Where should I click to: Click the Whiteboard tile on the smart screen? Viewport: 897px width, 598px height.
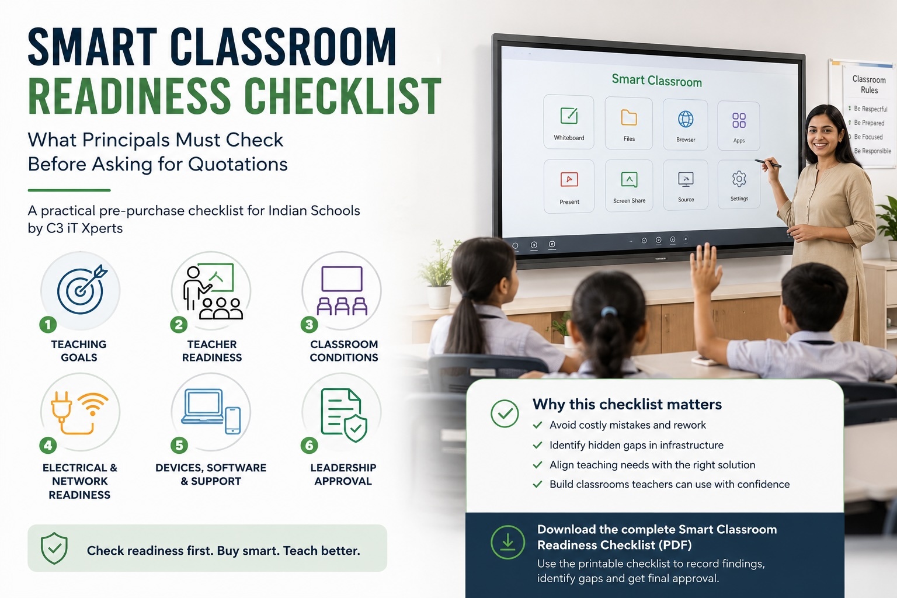[569, 122]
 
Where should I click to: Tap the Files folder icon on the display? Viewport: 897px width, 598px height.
[629, 118]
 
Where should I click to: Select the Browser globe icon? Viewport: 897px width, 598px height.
[686, 119]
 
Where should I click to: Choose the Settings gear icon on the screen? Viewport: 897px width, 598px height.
[739, 179]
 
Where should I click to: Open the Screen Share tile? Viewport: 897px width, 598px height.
[629, 185]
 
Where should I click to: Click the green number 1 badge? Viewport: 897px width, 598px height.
[48, 325]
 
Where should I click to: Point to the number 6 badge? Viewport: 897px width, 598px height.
[309, 446]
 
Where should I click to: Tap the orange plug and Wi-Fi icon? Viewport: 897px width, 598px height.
[79, 412]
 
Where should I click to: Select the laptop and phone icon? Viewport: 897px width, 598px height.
[211, 411]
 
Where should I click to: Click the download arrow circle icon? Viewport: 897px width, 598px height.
[507, 543]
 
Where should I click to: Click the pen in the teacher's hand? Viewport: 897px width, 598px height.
[768, 164]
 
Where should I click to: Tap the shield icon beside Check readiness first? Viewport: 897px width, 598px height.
[54, 548]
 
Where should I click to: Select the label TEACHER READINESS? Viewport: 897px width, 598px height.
[212, 351]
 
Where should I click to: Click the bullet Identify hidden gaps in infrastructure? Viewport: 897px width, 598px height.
[637, 445]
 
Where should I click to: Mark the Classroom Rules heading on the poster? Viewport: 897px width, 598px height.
[869, 85]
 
